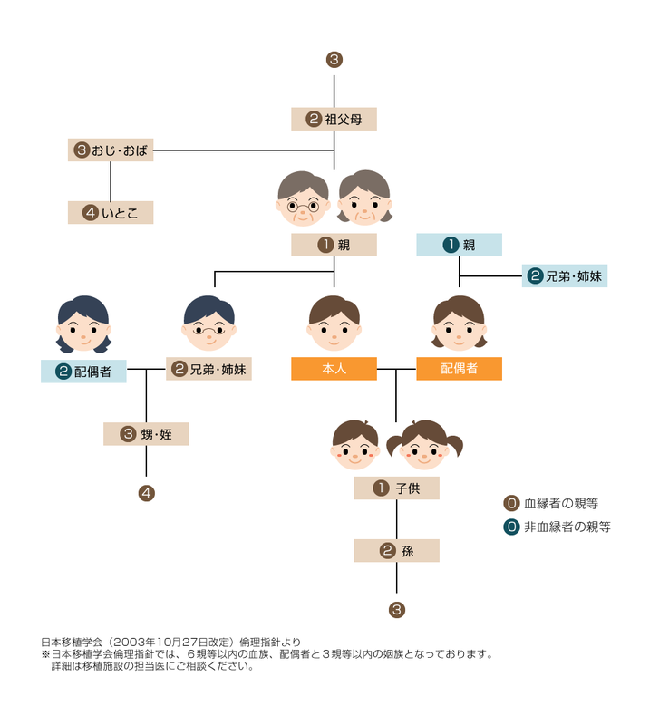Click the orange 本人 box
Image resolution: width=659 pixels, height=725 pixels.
pos(334,369)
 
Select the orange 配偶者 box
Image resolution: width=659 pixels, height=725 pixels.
pos(459,369)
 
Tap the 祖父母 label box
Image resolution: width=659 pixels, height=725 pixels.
pos(334,119)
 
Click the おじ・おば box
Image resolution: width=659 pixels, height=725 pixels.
pos(111,150)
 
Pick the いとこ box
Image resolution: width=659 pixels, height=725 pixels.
pos(111,213)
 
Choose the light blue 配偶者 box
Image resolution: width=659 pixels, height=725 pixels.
pos(83,371)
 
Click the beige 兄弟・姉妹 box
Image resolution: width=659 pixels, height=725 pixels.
pos(208,369)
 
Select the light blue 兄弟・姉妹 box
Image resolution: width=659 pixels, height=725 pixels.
pos(564,276)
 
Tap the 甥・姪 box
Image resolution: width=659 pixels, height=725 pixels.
pos(146,434)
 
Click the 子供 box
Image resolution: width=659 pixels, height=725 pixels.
pos(396,488)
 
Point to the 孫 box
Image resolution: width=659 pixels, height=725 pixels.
pos(396,550)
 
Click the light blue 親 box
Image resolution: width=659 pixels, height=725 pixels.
pos(459,245)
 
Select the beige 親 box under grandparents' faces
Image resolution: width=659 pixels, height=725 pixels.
pos(334,245)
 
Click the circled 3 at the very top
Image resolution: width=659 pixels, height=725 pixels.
pos(334,61)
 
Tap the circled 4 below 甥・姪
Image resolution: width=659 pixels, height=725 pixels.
pos(146,494)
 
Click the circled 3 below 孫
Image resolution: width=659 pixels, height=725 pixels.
pos(396,610)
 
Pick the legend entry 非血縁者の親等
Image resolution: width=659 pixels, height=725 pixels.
pos(557,526)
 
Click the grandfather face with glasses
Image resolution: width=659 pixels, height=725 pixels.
pos(303,198)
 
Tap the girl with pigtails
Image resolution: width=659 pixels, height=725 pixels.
pos(424,444)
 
